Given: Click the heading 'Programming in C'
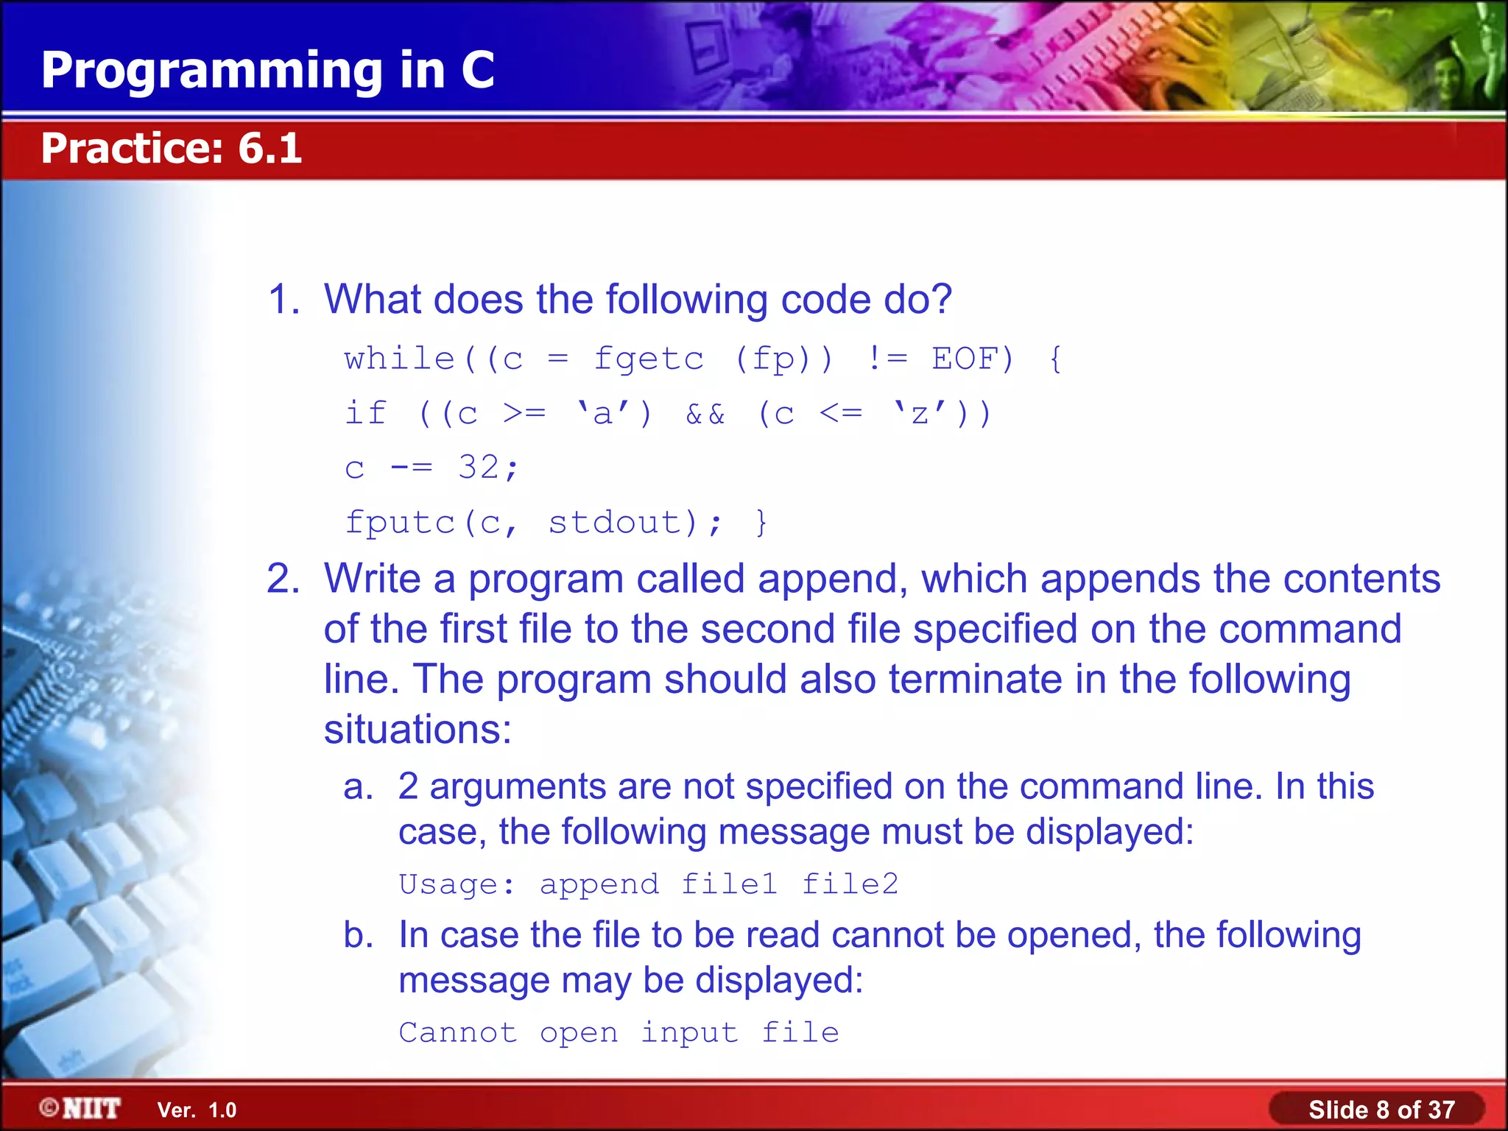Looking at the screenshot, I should (x=267, y=70).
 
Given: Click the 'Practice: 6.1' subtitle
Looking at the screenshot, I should (x=171, y=148).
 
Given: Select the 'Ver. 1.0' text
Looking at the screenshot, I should (x=197, y=1110).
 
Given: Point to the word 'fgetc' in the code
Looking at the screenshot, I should (x=649, y=359).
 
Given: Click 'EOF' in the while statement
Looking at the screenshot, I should (x=964, y=359).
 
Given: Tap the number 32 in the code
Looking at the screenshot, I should (x=478, y=467).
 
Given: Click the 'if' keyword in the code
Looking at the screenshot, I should (x=365, y=413).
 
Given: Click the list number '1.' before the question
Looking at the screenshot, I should (x=283, y=300).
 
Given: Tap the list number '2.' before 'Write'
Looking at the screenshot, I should (x=283, y=579).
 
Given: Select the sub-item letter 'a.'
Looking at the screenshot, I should (x=359, y=786).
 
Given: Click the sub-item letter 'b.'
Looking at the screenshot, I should (x=359, y=935).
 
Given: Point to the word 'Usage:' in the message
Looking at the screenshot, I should (x=457, y=884).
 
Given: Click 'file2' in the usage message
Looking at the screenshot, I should (x=850, y=884).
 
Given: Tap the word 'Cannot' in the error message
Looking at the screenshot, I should (x=457, y=1032).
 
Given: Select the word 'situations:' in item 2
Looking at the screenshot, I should (x=417, y=730).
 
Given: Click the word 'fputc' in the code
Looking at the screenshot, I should (x=399, y=523).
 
